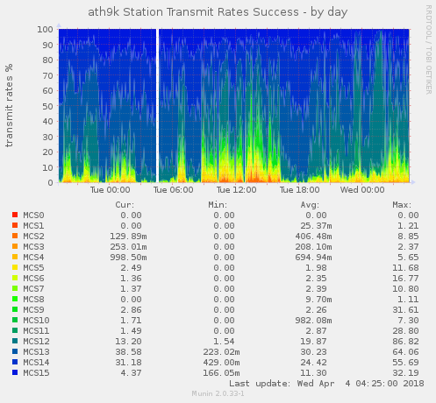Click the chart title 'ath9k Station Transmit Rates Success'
[x=193, y=12]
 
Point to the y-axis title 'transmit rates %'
[x=9, y=105]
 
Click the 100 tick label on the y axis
[x=45, y=29]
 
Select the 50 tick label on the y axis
[x=48, y=106]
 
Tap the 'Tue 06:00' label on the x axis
[x=173, y=190]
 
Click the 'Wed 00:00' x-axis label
[x=362, y=190]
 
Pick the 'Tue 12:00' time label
[x=236, y=190]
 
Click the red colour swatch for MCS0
[x=15, y=215]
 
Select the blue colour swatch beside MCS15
[x=15, y=372]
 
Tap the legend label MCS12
[x=36, y=342]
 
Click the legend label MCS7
[x=33, y=289]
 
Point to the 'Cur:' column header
[x=125, y=205]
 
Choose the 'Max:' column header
[x=402, y=205]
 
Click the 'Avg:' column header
[x=310, y=205]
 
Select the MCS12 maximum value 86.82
[x=405, y=342]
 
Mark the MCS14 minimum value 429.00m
[x=221, y=363]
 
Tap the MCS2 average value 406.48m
[x=313, y=237]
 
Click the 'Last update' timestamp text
[x=326, y=384]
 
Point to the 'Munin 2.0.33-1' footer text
[x=218, y=393]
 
